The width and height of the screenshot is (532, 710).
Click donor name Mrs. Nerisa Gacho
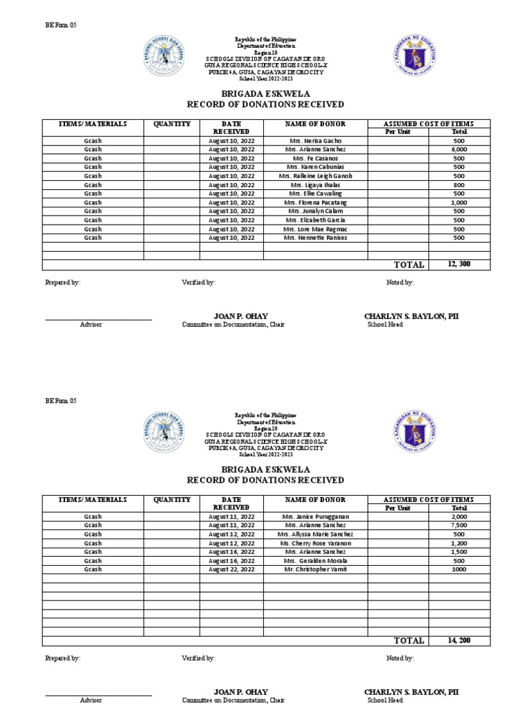click(315, 141)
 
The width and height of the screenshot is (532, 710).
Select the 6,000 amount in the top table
click(459, 150)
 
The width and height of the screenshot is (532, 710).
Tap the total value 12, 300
click(459, 264)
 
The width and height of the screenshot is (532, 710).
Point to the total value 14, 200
click(459, 640)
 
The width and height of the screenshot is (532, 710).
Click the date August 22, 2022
click(231, 569)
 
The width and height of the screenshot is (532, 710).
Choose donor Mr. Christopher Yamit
click(315, 569)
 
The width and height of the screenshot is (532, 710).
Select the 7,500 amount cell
click(459, 526)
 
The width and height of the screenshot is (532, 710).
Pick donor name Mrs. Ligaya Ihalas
click(315, 185)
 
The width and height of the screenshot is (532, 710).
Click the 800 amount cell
click(459, 185)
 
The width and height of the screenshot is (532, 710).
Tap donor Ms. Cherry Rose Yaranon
click(315, 543)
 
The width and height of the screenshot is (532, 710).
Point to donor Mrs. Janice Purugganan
click(315, 517)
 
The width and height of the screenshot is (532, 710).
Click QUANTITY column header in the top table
click(171, 123)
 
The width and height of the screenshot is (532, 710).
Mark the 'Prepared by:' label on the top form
click(62, 283)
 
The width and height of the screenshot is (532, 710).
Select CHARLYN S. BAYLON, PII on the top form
click(411, 316)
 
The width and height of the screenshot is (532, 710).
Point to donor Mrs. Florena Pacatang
click(315, 202)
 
